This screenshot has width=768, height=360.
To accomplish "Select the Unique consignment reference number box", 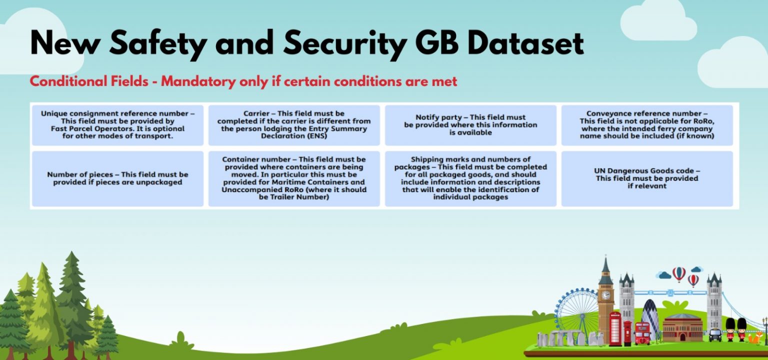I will (x=117, y=125).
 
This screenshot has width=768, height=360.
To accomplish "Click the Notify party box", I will (x=470, y=125).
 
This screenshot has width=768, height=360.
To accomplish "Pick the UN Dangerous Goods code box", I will (x=647, y=178).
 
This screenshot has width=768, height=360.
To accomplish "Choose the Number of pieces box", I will (x=117, y=178).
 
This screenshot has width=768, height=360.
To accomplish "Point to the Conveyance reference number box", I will (x=647, y=125).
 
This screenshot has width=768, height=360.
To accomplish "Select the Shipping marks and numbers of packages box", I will (x=470, y=178).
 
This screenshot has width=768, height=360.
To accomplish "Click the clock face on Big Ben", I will (x=605, y=295).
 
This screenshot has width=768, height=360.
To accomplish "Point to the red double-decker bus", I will (x=642, y=332).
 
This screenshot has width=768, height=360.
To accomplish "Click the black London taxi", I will (x=715, y=334).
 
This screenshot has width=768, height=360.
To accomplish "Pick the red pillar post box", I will (x=627, y=333).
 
